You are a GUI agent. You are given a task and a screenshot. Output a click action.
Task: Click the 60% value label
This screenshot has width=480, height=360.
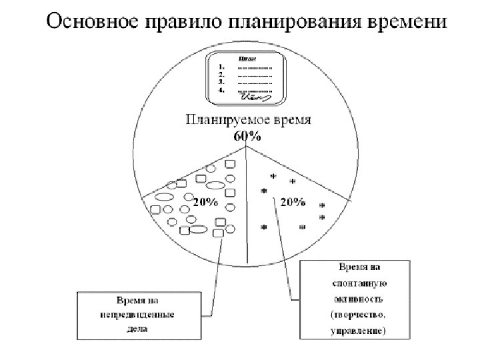click(247, 136)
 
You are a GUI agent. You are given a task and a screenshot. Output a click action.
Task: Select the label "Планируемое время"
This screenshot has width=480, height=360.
click(251, 121)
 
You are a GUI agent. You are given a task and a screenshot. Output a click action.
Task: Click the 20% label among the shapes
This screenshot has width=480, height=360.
click(205, 202)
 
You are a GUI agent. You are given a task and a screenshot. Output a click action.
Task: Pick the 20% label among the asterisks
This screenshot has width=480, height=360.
click(292, 201)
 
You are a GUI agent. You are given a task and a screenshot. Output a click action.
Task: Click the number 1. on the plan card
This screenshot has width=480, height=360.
click(222, 67)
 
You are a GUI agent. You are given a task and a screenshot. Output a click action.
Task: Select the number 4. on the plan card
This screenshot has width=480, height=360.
click(222, 89)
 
